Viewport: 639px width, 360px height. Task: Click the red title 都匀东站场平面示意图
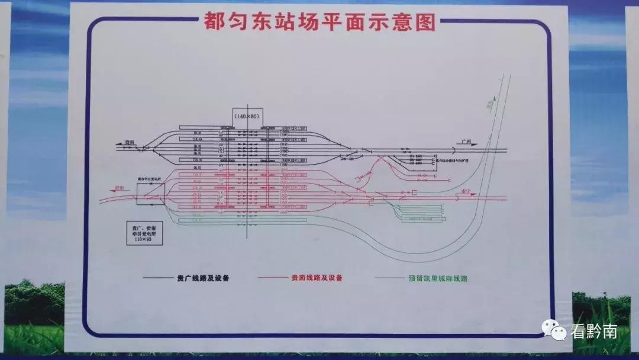click(x=319, y=22)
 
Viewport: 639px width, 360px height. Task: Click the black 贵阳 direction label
click(x=129, y=143)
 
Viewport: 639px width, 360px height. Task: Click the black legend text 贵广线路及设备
click(x=203, y=278)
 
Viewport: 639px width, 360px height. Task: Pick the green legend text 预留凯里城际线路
click(x=438, y=278)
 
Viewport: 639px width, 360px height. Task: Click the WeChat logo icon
click(x=555, y=330)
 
